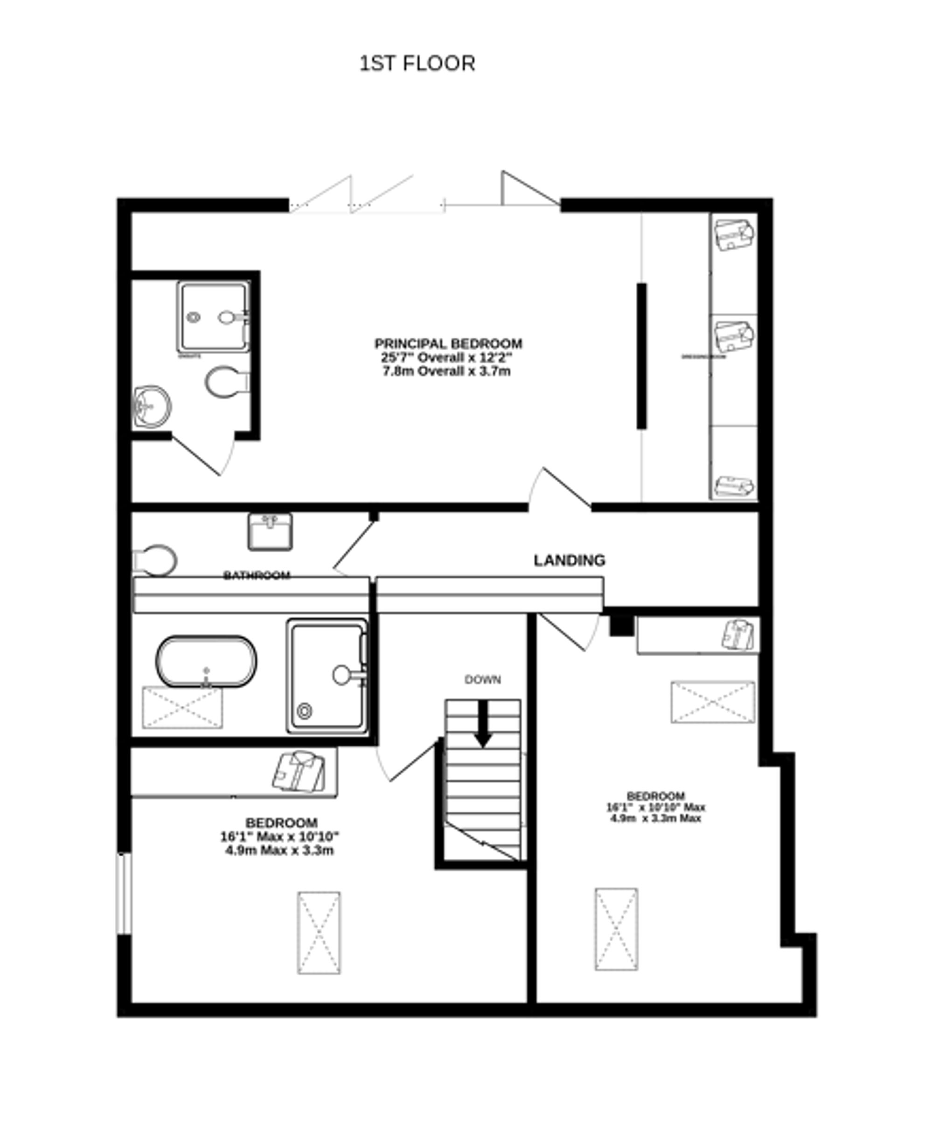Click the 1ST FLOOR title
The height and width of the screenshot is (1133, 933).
417,63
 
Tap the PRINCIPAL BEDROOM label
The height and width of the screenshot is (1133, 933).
448,343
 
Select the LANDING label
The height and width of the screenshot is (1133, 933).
569,560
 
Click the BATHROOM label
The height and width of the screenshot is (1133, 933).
257,576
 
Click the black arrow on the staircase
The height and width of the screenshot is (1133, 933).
483,723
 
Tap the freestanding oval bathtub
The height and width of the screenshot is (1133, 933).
206,661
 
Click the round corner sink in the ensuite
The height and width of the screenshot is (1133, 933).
152,406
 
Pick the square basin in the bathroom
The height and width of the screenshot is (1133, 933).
270,531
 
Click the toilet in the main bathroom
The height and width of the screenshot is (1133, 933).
156,560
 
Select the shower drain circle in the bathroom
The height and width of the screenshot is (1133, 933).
305,711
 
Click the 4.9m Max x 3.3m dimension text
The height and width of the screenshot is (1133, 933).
279,850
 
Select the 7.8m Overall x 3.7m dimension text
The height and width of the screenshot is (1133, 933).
446,371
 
